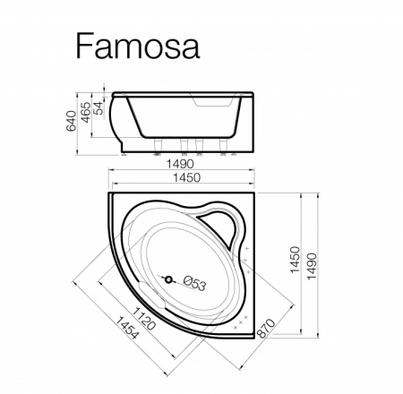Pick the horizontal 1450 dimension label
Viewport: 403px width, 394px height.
pyautogui.click(x=180, y=180)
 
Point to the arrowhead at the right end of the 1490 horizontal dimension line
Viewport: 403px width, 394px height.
pyautogui.click(x=253, y=172)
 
